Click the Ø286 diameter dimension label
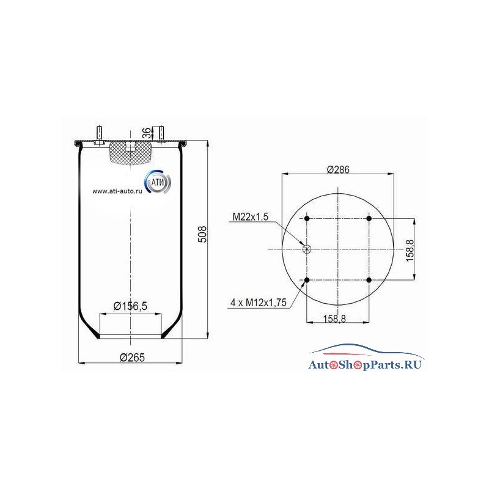click(338, 170)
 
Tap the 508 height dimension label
click(202, 234)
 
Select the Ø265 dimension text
click(132, 358)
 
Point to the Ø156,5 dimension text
click(130, 306)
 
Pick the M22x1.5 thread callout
click(251, 217)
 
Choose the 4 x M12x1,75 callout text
click(259, 302)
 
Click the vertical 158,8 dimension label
click(410, 251)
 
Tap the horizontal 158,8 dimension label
click(334, 318)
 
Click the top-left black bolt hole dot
click(307, 218)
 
